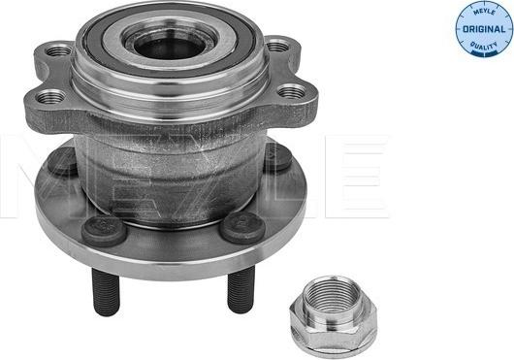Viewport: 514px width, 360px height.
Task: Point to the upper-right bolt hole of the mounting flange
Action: pos(278,45)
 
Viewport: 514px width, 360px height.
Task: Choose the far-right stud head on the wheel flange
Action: pos(276,155)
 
